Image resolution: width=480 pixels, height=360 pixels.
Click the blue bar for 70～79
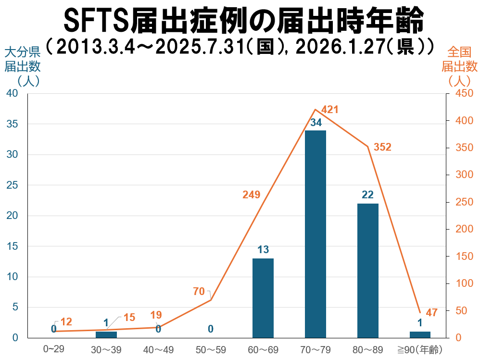[x=316, y=234]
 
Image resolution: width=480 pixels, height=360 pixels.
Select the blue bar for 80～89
[x=368, y=270]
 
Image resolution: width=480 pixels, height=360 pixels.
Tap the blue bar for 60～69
[x=263, y=298]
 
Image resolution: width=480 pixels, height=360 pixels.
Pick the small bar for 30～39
[x=106, y=334]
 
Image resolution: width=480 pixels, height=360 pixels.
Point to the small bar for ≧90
[x=420, y=334]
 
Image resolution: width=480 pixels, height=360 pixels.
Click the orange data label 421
[x=330, y=110]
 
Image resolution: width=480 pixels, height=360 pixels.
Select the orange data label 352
[x=382, y=147]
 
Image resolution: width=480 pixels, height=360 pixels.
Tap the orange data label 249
[x=251, y=195]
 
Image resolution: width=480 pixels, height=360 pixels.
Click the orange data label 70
[x=199, y=292]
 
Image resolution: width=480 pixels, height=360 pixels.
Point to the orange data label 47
[x=431, y=313]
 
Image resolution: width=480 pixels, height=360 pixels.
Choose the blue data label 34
[x=316, y=123]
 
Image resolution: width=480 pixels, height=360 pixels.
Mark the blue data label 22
[x=368, y=195]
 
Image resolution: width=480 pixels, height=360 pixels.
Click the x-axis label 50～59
[x=211, y=349]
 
